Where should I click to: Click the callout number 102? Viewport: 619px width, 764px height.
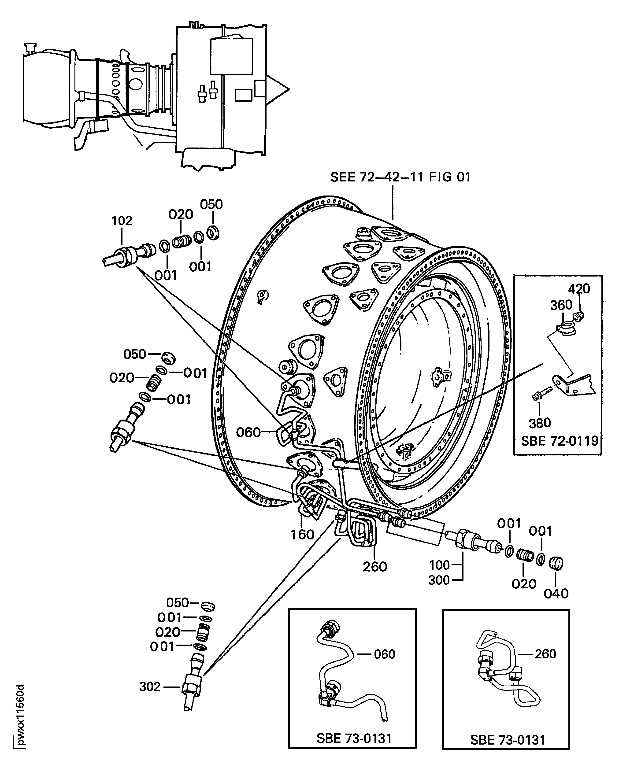pyautogui.click(x=122, y=221)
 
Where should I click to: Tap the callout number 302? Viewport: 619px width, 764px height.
pyautogui.click(x=150, y=687)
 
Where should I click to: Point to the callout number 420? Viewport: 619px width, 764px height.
pyautogui.click(x=579, y=288)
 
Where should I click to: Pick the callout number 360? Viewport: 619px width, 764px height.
pyautogui.click(x=561, y=305)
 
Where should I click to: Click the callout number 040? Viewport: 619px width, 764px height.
pyautogui.click(x=556, y=594)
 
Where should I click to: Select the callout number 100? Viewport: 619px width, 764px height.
pyautogui.click(x=439, y=565)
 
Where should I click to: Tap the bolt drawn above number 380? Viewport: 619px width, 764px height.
pyautogui.click(x=541, y=394)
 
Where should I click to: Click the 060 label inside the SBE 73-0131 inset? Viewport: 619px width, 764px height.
pyautogui.click(x=384, y=654)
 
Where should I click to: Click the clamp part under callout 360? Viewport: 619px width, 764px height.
pyautogui.click(x=566, y=328)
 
